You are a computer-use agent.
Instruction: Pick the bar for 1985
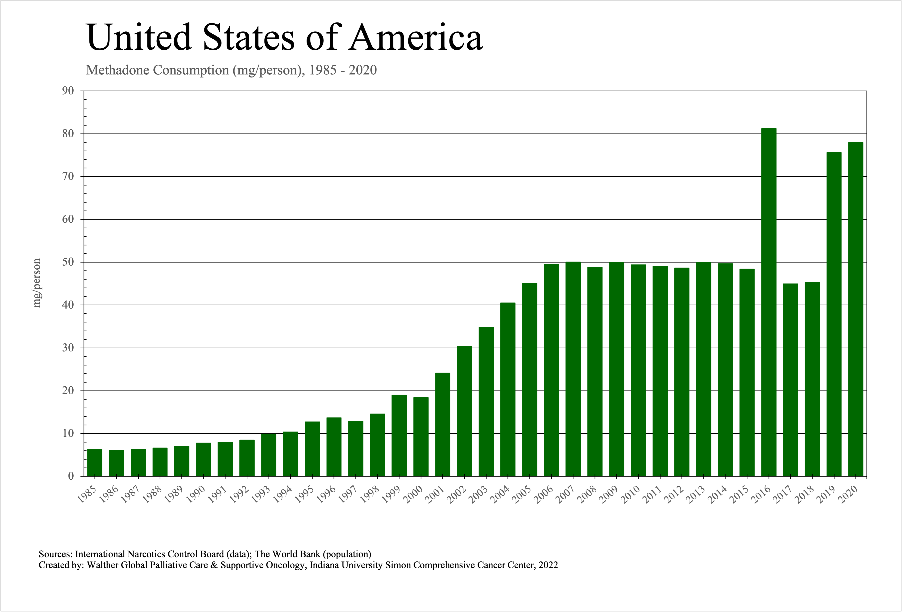95,462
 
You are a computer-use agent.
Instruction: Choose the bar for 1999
399,435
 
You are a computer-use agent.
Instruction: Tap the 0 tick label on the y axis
71,476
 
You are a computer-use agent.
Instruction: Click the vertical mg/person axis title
37,283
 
